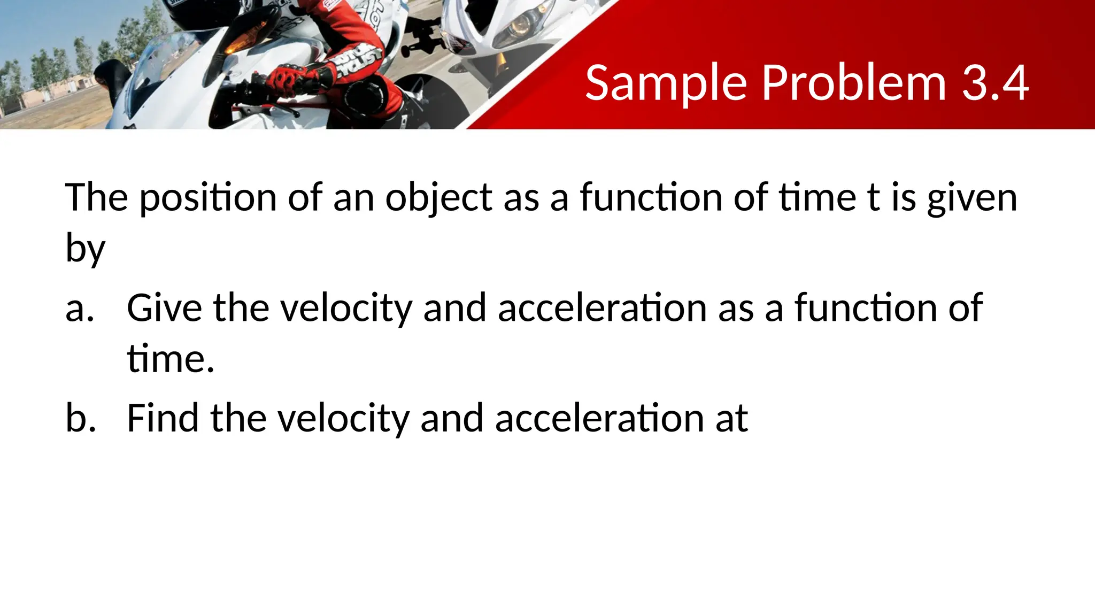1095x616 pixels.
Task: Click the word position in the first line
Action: [x=208, y=198]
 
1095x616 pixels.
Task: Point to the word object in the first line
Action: [x=438, y=198]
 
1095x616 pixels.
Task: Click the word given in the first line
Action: [x=971, y=198]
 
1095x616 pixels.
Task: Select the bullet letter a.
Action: [x=79, y=309]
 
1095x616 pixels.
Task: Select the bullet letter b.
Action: [x=80, y=418]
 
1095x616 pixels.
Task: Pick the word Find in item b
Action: [x=163, y=418]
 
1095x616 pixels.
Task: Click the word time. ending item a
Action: [x=171, y=359]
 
